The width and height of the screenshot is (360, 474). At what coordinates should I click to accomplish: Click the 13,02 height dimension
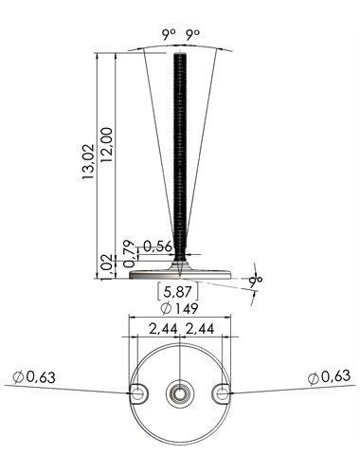tap(88, 162)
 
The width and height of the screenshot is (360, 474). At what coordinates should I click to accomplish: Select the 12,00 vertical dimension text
tap(106, 145)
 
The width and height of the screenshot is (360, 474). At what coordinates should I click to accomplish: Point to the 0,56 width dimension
tap(157, 246)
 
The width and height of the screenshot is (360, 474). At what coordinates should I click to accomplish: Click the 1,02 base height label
tap(108, 266)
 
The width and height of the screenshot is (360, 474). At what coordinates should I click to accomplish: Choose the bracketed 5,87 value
tap(178, 292)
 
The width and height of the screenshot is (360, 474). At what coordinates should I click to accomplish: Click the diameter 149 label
tap(179, 308)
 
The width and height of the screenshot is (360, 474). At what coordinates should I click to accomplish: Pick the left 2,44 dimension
tap(164, 329)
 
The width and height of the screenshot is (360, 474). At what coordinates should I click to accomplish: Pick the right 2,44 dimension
tap(200, 329)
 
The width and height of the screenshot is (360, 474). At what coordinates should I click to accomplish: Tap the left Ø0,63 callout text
tap(34, 376)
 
